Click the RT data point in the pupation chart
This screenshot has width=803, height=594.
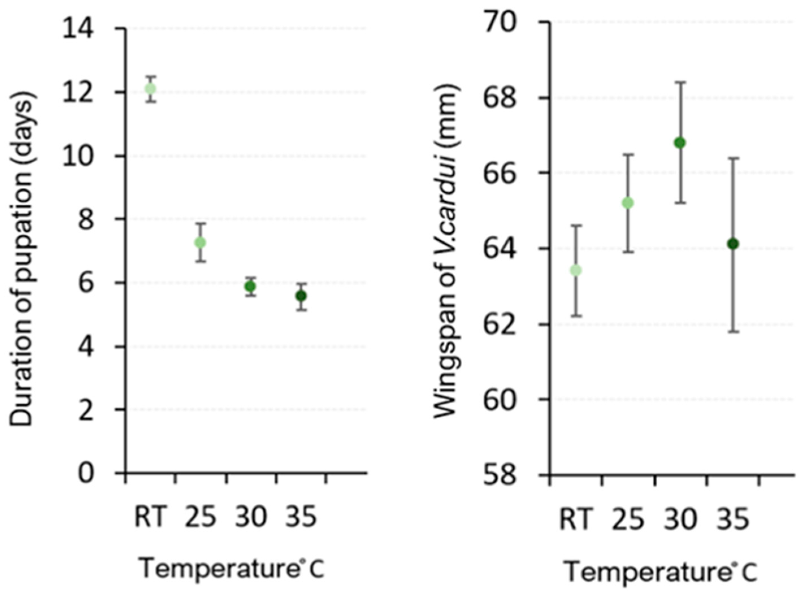click(150, 88)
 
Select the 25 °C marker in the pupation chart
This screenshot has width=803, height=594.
click(200, 243)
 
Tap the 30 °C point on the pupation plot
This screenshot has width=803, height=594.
click(250, 286)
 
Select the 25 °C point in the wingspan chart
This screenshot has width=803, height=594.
click(628, 203)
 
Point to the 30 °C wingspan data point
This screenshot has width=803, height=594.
click(680, 143)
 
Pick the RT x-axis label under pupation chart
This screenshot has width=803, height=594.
click(151, 516)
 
